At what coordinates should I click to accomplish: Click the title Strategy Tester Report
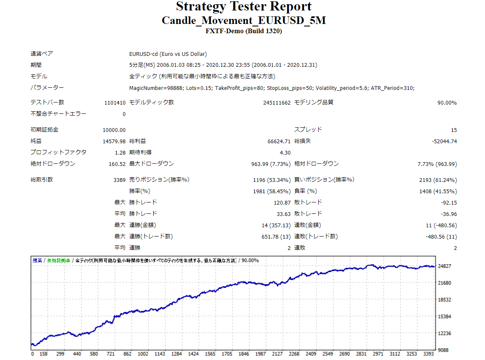coord(244,7)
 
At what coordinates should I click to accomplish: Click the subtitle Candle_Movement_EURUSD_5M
coord(244,20)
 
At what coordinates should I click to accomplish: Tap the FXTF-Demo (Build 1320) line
coord(244,31)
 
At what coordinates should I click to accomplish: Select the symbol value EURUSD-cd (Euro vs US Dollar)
coord(168,54)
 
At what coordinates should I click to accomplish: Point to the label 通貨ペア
coord(42,54)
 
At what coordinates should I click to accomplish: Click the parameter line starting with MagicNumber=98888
coord(272,88)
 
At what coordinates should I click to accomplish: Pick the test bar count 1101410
coord(115,103)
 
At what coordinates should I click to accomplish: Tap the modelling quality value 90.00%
coord(447,103)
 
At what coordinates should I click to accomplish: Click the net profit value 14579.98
coord(114,142)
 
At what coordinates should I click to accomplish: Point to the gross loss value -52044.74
coord(444,142)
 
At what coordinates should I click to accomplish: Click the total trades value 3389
coord(119,180)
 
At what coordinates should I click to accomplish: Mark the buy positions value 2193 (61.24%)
coord(438,180)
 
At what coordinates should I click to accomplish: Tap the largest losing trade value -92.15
coord(449,203)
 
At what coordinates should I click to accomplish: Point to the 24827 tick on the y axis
coord(445,266)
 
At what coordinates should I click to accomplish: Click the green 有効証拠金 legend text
coord(58,260)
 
